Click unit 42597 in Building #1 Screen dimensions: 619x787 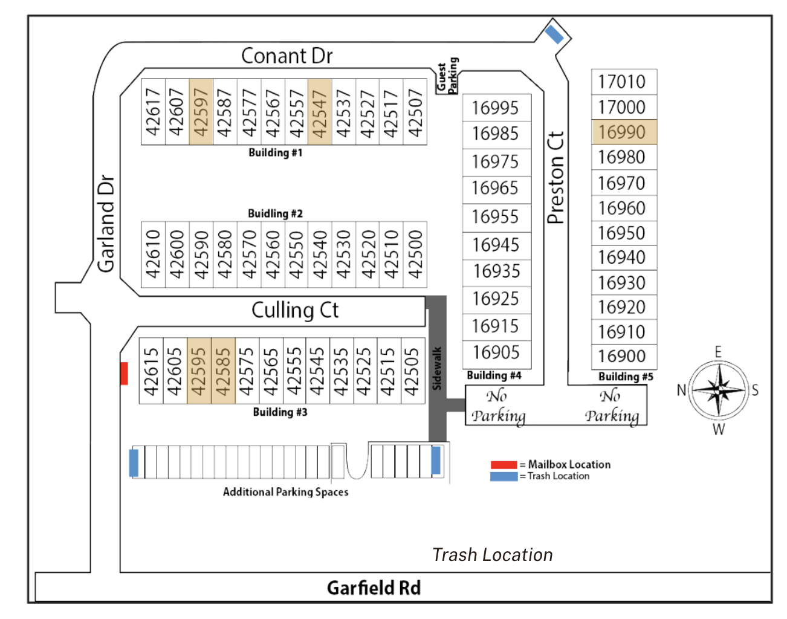click(201, 112)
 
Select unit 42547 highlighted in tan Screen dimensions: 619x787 click(320, 112)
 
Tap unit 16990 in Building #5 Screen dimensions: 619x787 click(623, 132)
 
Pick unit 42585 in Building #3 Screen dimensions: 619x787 click(223, 371)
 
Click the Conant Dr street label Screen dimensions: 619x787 click(287, 56)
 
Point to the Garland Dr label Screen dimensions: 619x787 click(106, 224)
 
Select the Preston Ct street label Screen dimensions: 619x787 click(555, 178)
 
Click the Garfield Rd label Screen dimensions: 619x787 click(374, 588)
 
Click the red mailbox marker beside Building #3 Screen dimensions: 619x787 click(124, 374)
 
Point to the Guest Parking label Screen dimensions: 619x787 click(448, 76)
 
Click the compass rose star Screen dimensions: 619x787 click(718, 390)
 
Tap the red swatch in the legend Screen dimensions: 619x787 click(504, 465)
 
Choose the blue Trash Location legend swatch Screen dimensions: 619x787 click(504, 476)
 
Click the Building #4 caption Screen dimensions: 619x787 click(494, 375)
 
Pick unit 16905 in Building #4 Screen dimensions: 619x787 click(496, 352)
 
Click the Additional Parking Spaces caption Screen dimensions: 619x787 click(285, 492)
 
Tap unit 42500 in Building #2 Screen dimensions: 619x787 click(415, 254)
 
